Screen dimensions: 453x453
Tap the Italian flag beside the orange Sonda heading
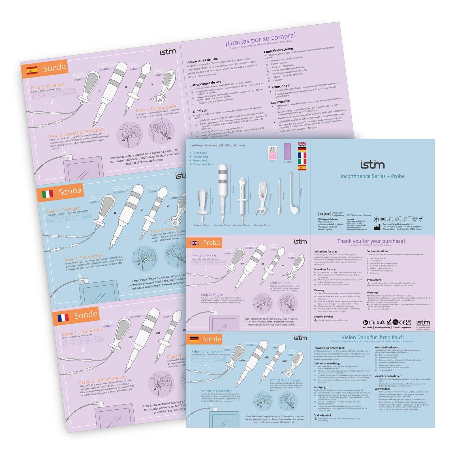coord(48,194)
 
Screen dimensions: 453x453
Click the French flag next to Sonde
coord(63,318)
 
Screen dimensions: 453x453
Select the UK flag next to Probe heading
coord(195,243)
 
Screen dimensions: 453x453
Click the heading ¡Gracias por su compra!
coord(261,40)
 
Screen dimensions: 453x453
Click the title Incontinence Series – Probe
coord(372,176)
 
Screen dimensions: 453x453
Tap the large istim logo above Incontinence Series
coord(372,164)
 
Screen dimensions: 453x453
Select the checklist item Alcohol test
coord(200,157)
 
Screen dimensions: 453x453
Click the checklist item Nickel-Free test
coord(202,164)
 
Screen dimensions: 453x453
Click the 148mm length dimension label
coord(233,189)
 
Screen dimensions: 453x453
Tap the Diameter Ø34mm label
coord(262,225)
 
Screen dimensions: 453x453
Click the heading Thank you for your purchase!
coord(371,241)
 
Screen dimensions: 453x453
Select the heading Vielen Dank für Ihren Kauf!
coord(372,337)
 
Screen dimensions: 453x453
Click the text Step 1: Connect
coord(204,256)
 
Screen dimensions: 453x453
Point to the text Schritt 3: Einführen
coord(285,380)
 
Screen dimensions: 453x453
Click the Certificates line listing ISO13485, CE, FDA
coord(217,146)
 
